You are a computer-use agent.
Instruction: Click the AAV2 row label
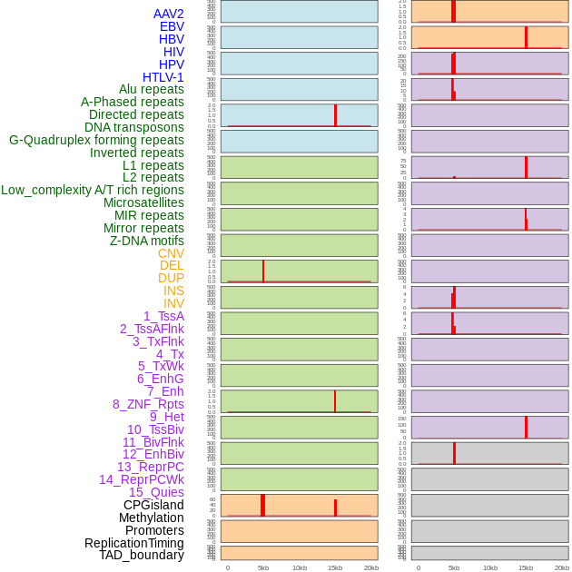169,14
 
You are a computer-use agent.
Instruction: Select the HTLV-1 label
163,77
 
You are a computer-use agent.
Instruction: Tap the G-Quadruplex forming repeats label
96,140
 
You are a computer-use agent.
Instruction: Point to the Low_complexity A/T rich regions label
93,190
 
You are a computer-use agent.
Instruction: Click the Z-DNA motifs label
147,241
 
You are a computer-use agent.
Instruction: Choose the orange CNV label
171,253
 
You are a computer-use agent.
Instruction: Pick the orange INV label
173,303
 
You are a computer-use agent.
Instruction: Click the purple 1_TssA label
163,316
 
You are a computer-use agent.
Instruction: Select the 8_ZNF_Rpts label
148,404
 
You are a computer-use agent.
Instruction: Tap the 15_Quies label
156,492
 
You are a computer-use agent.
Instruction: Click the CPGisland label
153,505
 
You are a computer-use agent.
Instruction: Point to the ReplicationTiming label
134,543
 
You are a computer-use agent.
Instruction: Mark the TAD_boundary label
142,555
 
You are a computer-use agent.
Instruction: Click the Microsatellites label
143,202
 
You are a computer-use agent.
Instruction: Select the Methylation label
151,518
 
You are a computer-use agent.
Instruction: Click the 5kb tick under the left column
263,567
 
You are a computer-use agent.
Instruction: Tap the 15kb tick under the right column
526,567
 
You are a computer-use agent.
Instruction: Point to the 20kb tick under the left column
371,567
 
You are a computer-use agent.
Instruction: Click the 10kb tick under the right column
489,567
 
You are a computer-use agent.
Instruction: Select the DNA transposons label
134,127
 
